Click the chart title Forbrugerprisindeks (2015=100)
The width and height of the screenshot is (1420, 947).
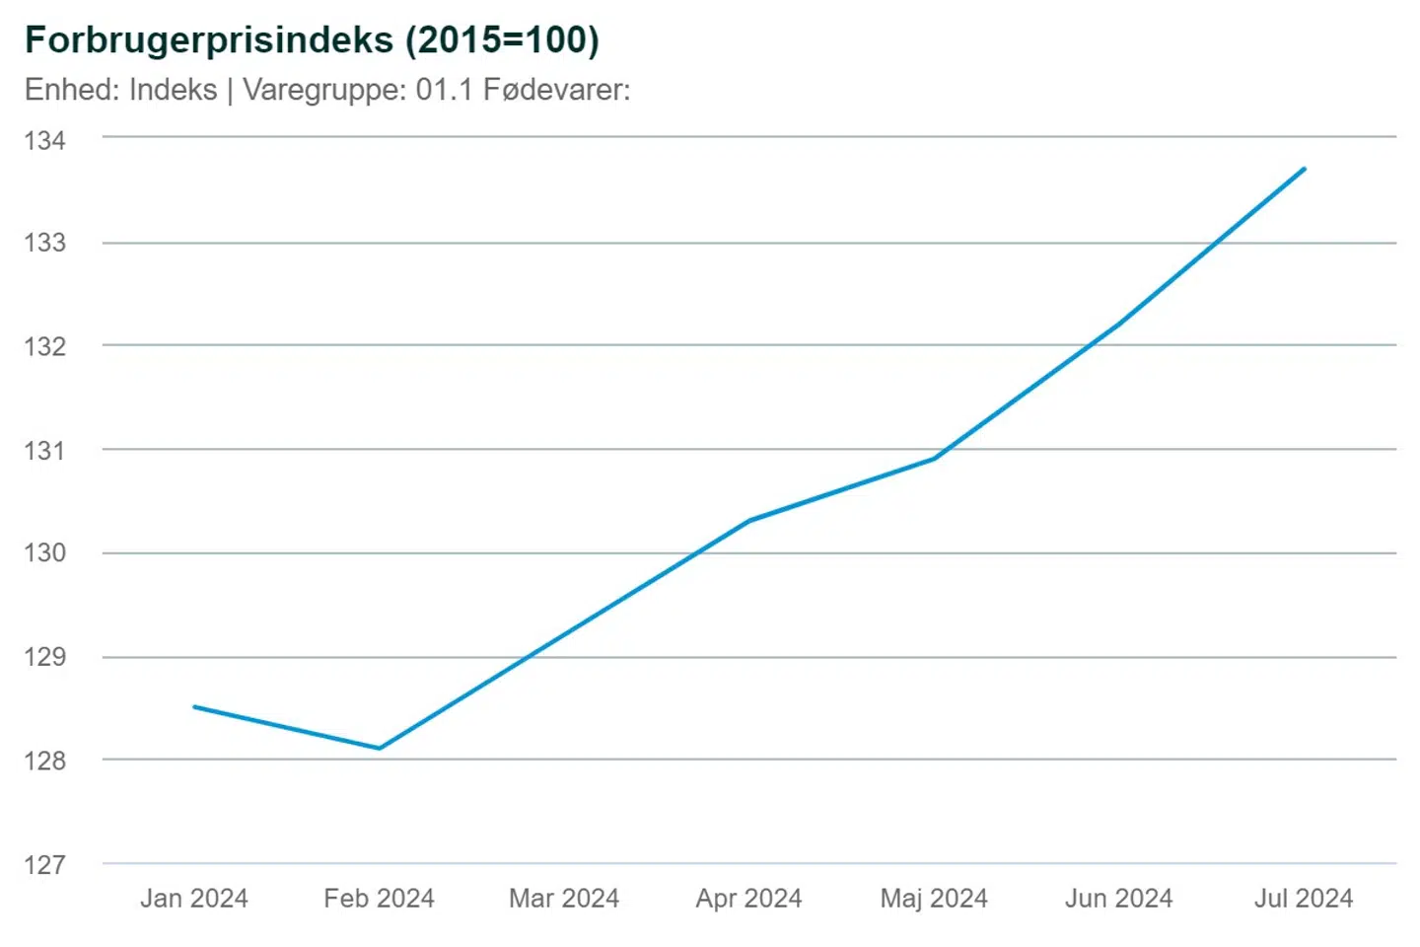coord(312,40)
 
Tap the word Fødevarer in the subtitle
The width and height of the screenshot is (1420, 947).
coord(553,90)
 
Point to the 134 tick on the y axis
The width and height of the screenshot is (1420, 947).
coord(45,140)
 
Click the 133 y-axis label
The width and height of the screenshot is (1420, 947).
coord(45,243)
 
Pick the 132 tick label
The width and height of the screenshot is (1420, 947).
coord(45,346)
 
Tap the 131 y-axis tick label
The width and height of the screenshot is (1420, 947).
coord(45,450)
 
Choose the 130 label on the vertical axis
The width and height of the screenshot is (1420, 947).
coord(45,552)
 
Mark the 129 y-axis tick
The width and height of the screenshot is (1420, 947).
coord(45,657)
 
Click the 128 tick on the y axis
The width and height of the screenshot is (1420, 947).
coord(45,761)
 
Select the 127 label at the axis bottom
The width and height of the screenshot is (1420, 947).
coord(45,865)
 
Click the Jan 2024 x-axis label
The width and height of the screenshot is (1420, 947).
coord(194,899)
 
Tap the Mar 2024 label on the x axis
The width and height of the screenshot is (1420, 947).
coord(564,899)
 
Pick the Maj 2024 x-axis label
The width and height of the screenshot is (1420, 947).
coord(934,899)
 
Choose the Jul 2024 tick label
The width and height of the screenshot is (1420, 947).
coord(1304,899)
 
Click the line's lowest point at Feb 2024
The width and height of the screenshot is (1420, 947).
coord(380,748)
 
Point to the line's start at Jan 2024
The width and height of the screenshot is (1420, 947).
coord(195,706)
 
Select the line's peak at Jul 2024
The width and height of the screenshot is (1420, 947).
coord(1304,169)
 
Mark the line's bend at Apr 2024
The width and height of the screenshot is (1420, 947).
coord(749,520)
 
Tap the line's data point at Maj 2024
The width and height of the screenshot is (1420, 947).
coord(934,458)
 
